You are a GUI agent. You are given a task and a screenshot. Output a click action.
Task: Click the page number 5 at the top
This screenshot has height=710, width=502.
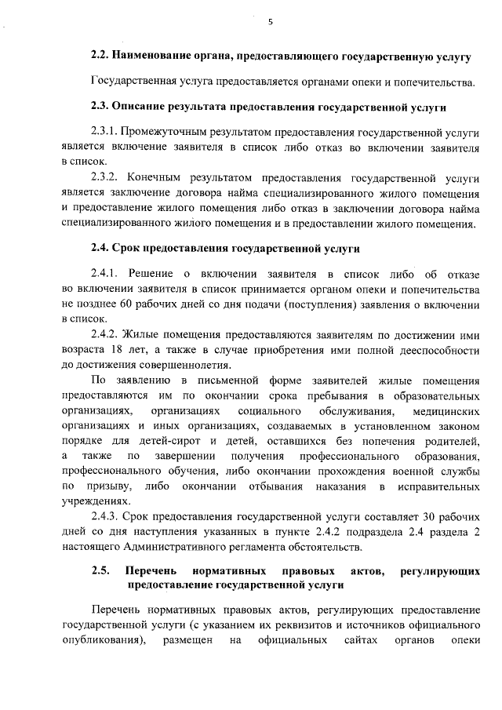pos(270,23)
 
